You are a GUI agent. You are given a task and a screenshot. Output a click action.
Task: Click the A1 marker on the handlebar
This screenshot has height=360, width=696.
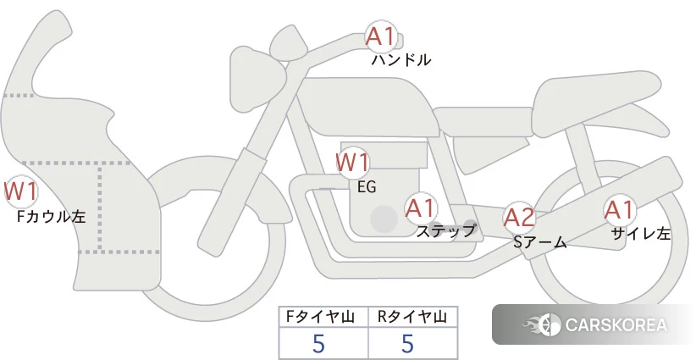point(381,36)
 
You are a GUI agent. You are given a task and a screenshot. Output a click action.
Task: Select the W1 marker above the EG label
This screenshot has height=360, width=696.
point(352,163)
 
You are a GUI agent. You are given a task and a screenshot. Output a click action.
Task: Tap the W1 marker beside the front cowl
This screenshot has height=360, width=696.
point(20,191)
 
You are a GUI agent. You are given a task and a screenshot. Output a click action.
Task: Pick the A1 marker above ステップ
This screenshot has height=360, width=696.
point(421,208)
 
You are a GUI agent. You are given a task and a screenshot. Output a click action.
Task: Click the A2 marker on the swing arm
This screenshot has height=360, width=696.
point(519,218)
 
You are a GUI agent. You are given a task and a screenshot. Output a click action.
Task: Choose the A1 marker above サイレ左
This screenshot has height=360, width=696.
point(619,210)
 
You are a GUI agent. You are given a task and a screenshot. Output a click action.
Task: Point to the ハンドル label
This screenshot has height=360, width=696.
point(401,60)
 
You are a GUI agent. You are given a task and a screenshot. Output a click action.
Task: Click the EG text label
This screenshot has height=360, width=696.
point(367,187)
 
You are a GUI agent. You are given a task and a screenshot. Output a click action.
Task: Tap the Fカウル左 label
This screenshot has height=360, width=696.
point(51,217)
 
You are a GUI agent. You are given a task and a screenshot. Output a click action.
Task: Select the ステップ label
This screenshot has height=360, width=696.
point(446,231)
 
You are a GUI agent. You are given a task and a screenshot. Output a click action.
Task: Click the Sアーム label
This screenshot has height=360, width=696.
point(540,242)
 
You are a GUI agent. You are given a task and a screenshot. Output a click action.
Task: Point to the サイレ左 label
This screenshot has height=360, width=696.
point(641,234)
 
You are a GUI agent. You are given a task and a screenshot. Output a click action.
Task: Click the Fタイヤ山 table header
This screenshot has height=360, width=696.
point(320,317)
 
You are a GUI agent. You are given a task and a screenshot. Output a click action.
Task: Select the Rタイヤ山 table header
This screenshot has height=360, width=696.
point(412,317)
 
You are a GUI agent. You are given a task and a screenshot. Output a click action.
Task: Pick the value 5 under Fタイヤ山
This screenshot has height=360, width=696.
point(318,343)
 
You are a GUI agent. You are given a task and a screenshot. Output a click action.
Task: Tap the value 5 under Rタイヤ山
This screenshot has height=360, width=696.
point(407,343)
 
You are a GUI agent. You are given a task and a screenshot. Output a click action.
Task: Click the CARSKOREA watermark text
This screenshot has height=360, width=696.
point(616,324)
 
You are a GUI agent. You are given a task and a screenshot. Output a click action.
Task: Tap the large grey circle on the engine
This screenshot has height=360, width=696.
point(384,219)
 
